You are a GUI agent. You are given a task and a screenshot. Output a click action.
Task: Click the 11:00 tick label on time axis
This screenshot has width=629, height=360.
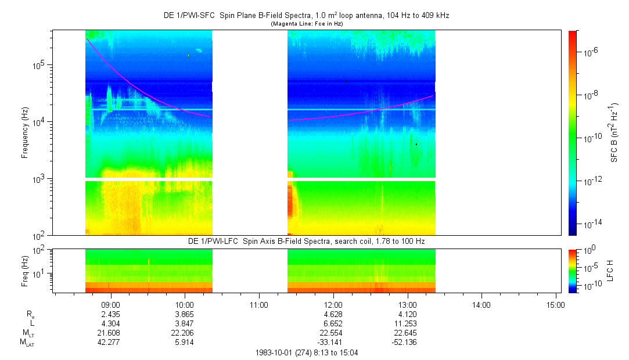(x=258, y=304)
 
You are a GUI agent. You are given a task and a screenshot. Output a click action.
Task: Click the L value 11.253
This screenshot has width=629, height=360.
(x=407, y=323)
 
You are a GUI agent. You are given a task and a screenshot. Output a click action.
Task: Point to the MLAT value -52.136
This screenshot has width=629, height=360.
(x=406, y=342)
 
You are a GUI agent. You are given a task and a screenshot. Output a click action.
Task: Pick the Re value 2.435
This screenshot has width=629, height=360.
(x=110, y=314)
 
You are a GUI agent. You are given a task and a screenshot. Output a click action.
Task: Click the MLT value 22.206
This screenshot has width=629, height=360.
(x=185, y=333)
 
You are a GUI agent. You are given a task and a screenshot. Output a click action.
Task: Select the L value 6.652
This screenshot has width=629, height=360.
(x=333, y=323)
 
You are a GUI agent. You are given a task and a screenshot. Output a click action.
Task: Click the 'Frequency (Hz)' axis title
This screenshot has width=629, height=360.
(x=25, y=133)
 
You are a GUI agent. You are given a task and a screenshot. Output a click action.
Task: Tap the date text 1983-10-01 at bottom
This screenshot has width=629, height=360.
(x=275, y=352)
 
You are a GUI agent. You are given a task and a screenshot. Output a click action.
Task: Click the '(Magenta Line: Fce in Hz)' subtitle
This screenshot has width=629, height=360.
(x=306, y=23)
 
